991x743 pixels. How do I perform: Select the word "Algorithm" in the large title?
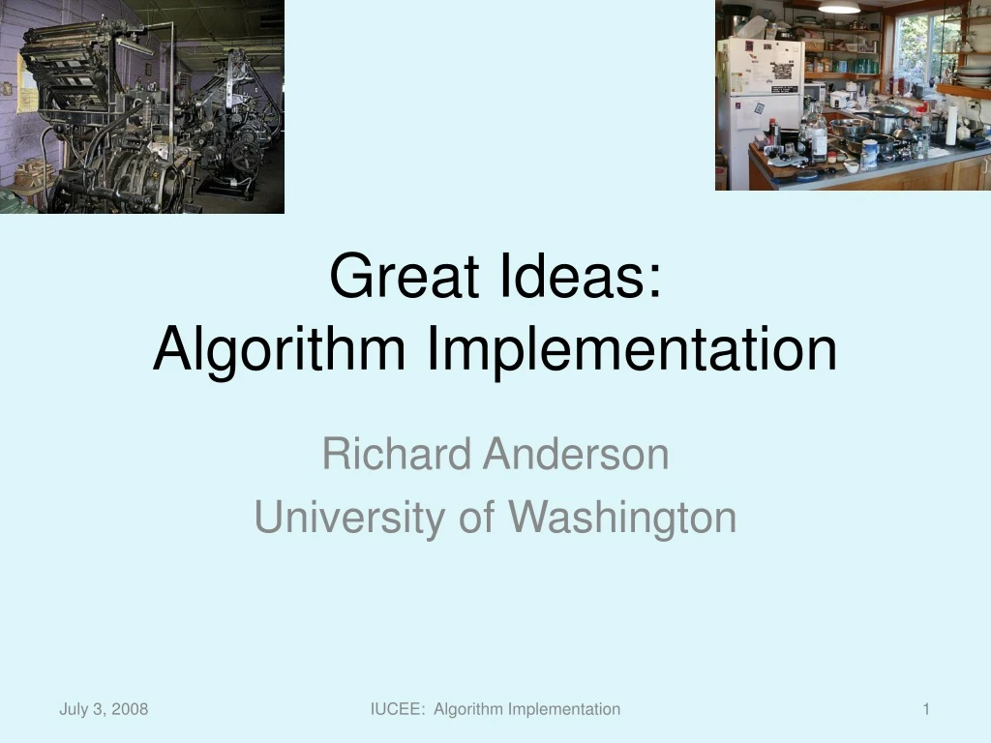pos(280,350)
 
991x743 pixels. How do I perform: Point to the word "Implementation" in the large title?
pos(631,350)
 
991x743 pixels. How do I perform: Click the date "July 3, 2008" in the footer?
pos(104,709)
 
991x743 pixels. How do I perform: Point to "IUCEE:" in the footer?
pos(398,709)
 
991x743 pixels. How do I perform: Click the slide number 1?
pos(926,709)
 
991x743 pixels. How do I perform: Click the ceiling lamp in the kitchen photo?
pos(839,7)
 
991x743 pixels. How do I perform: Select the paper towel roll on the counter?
pos(950,126)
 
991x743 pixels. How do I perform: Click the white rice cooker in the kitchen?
pos(839,99)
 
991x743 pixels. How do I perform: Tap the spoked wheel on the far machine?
pos(246,155)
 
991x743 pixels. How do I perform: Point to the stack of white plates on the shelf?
pos(973,75)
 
